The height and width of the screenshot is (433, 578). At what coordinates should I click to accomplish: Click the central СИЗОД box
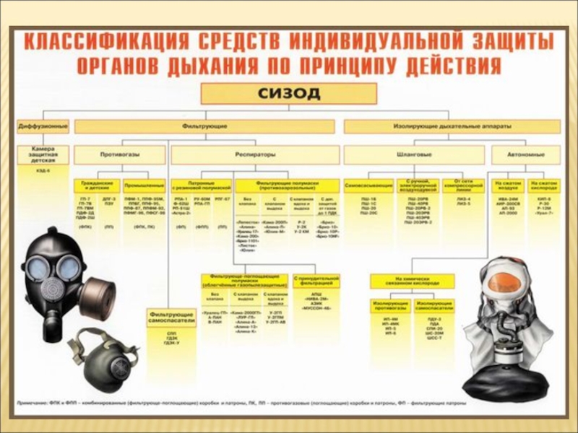(x=288, y=94)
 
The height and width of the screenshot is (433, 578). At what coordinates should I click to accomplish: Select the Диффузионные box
(x=43, y=126)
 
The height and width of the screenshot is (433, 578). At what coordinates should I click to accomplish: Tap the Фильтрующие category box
(x=204, y=126)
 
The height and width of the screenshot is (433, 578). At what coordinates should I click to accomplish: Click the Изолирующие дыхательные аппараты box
(x=452, y=126)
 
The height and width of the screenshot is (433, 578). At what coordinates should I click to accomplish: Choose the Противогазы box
(x=120, y=154)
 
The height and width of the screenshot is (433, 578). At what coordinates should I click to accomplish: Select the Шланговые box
(x=413, y=154)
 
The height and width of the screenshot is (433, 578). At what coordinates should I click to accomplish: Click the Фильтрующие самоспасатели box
(x=172, y=318)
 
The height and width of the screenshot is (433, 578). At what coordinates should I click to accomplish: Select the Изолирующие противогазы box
(x=390, y=306)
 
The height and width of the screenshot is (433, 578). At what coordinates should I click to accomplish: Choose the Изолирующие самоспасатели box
(x=434, y=306)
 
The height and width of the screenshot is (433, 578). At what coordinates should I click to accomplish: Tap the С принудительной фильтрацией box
(x=316, y=281)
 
